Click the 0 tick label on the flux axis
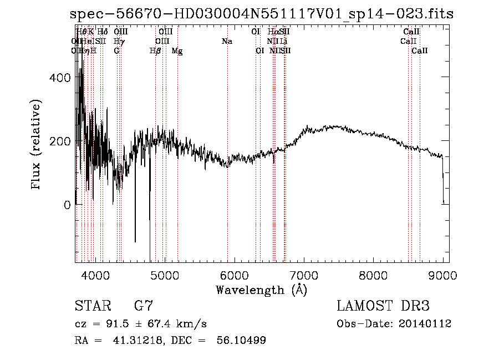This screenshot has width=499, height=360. point(67,205)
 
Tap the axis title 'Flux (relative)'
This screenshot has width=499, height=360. point(37,145)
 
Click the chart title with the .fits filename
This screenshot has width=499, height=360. point(262,14)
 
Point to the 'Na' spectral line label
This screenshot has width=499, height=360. point(227,42)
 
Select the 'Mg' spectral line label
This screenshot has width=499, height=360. point(177,51)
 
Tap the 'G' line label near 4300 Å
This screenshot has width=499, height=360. point(116,51)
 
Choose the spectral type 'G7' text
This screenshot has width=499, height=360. point(144,306)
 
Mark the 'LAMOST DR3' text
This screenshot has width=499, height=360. point(383,306)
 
